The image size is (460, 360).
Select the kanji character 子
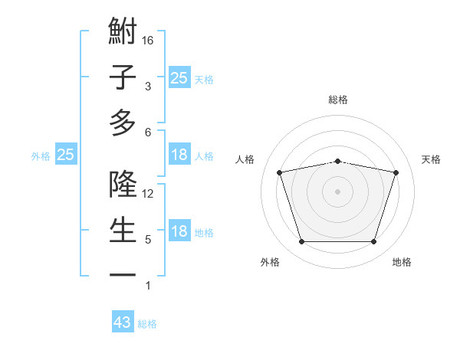(x=123, y=78)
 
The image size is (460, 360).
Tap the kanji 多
(x=123, y=123)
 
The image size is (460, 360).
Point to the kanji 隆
(x=123, y=185)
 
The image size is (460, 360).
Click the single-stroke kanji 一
(x=123, y=274)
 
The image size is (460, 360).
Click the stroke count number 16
(x=149, y=41)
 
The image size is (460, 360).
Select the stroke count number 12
(x=149, y=194)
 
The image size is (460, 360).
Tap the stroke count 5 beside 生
(x=148, y=240)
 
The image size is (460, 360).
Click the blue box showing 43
(x=123, y=322)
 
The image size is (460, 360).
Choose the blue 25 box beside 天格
(x=179, y=77)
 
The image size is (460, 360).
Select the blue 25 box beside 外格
(x=66, y=155)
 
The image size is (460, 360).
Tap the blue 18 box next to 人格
(x=179, y=155)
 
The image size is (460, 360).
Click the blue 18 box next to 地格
(x=179, y=231)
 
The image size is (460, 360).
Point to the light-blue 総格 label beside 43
(x=147, y=324)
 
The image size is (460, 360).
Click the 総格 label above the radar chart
(x=337, y=100)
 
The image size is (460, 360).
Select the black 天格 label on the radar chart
(x=432, y=159)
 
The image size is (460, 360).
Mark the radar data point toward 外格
(x=301, y=242)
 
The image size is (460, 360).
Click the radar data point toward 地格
(x=373, y=242)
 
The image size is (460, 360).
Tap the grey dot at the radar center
(x=337, y=191)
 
